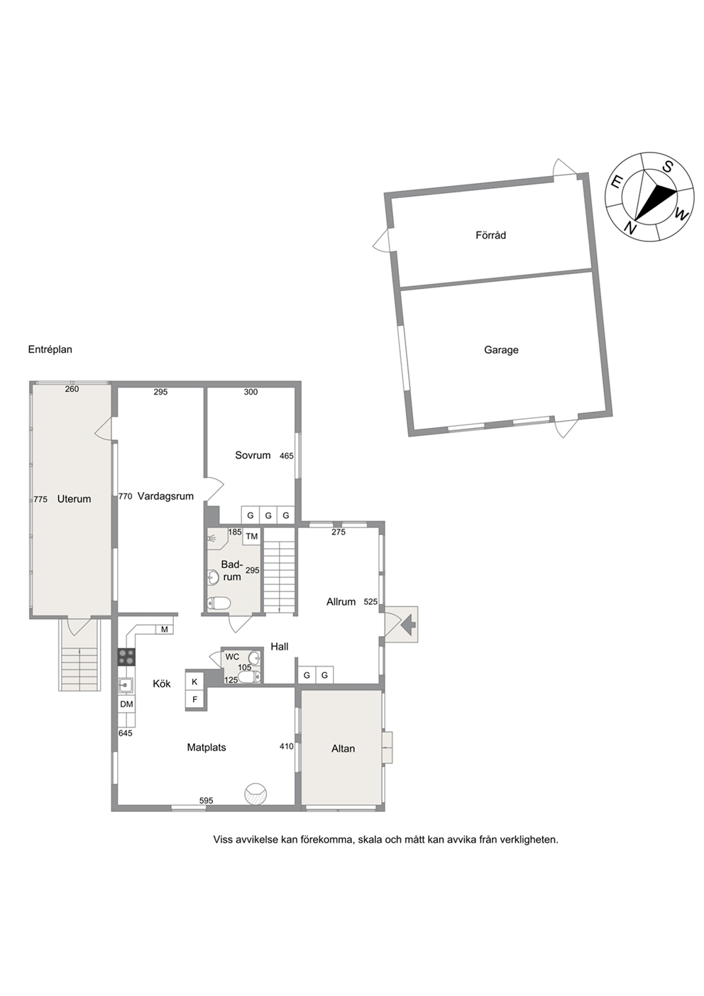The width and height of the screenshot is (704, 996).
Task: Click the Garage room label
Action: click(501, 350)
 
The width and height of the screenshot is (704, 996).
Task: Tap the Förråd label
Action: click(490, 235)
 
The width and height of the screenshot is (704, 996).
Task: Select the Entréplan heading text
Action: click(50, 349)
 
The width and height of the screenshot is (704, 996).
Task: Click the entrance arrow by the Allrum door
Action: click(409, 624)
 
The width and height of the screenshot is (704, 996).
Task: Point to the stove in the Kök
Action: click(126, 657)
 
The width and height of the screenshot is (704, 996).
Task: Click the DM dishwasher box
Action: click(126, 704)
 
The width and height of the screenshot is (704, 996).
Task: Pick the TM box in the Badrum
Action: click(251, 537)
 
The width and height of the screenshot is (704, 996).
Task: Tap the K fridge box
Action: click(194, 682)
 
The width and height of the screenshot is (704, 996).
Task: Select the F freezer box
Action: click(194, 699)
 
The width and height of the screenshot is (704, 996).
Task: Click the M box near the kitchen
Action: click(165, 629)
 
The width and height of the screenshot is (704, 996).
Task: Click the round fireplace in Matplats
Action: click(256, 794)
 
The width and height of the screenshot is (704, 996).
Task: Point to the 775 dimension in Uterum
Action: click(40, 499)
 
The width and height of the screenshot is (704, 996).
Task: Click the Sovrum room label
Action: click(253, 455)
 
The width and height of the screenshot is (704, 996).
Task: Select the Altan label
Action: click(343, 748)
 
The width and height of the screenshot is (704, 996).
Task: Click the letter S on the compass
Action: click(667, 167)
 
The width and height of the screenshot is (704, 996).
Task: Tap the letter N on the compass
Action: click(629, 228)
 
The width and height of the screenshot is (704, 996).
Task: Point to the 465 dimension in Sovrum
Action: click(287, 456)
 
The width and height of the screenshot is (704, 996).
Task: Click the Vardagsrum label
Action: click(165, 496)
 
